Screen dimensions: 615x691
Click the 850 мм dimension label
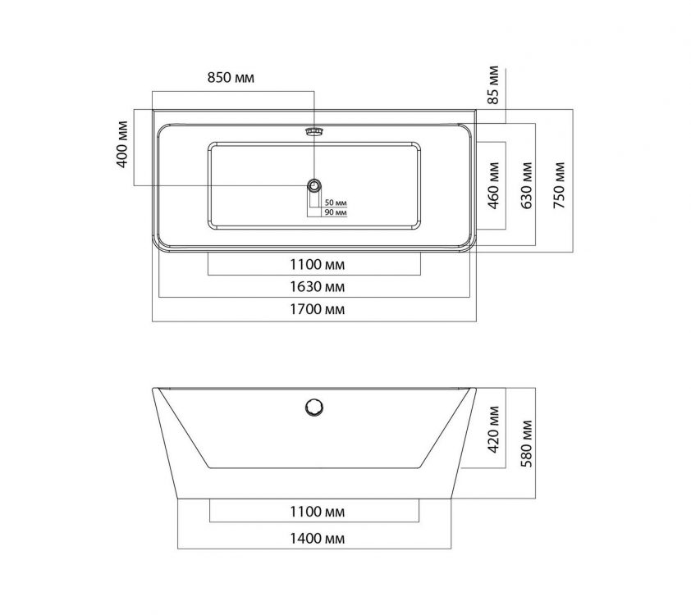(231, 78)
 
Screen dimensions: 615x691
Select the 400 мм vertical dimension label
(123, 144)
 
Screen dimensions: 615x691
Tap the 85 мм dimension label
(493, 85)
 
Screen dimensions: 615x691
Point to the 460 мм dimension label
(493, 187)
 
